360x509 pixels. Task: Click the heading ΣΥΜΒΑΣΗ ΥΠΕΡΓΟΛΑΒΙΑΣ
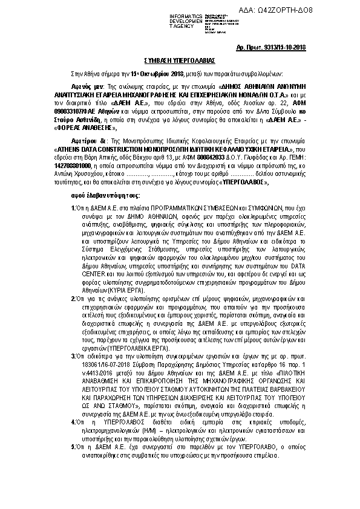[x=180, y=62]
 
